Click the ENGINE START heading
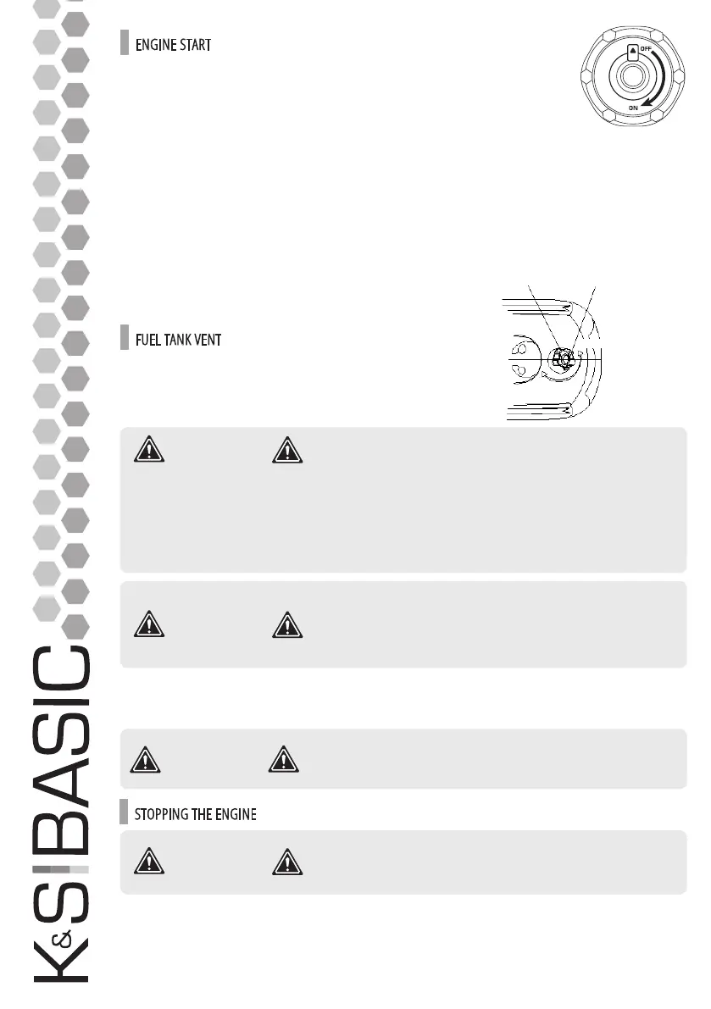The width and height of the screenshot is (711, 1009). coord(173,44)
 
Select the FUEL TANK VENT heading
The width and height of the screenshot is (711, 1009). coord(179,341)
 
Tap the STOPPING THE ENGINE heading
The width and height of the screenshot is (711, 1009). coord(196,814)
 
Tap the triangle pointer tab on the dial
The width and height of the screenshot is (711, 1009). coord(631,51)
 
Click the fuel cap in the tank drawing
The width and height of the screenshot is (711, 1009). coord(560,358)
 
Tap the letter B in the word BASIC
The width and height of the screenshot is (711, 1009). coord(61,823)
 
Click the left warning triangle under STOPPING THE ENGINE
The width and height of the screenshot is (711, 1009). coord(148,862)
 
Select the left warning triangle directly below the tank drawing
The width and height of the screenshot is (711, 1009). coord(148,451)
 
